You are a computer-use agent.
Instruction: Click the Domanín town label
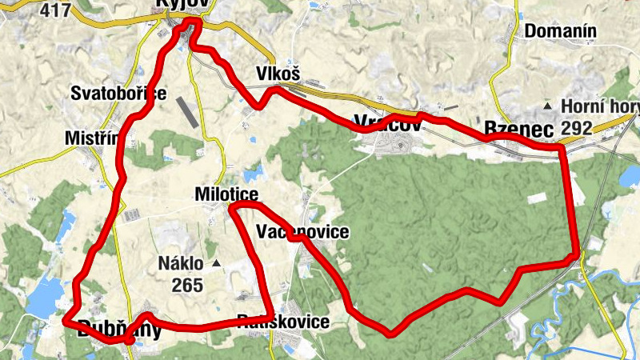pos(561,32)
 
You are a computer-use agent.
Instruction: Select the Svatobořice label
pos(118,93)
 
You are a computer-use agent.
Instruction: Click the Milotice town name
pos(226,195)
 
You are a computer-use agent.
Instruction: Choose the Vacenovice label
pos(302,232)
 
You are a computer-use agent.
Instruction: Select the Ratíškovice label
pos(283,322)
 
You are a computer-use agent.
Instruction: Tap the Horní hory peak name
pos(601,106)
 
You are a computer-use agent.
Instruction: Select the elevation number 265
pos(187,285)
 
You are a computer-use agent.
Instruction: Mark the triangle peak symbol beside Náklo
pos(216,263)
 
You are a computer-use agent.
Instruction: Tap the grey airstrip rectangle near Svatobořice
pos(186,111)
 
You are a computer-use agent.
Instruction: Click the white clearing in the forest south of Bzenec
pos(536,197)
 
